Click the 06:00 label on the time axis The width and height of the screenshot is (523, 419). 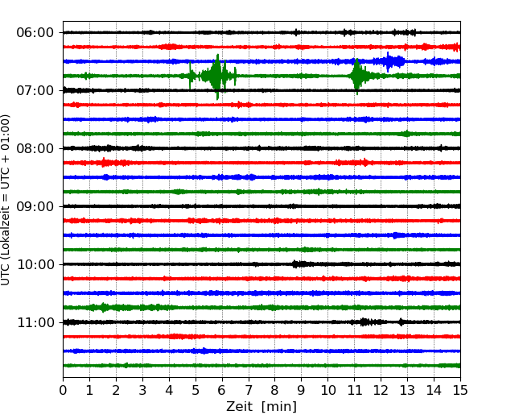[x=35, y=32]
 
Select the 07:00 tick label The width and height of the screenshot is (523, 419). [x=35, y=90]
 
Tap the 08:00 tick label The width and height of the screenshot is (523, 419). [x=35, y=148]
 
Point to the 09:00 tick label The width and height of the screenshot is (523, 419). [x=35, y=206]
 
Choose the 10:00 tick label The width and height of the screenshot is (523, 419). [x=35, y=264]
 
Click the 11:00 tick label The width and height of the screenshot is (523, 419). [x=35, y=322]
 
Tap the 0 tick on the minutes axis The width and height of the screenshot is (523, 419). [x=63, y=391]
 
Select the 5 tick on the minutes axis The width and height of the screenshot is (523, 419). [x=196, y=391]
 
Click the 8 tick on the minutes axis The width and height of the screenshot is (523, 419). [x=275, y=391]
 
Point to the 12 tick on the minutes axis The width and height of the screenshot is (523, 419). [x=381, y=391]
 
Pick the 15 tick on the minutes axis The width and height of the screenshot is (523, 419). [x=460, y=391]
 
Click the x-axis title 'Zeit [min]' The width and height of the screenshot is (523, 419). [x=261, y=407]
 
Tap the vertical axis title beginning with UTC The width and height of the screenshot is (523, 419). [x=6, y=199]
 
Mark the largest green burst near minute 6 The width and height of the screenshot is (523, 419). [x=216, y=76]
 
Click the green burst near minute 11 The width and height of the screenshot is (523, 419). [x=356, y=76]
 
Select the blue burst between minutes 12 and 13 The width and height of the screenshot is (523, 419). [x=390, y=61]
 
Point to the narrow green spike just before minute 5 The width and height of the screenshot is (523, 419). [x=191, y=76]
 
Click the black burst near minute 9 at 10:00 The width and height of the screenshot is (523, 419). [x=301, y=264]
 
